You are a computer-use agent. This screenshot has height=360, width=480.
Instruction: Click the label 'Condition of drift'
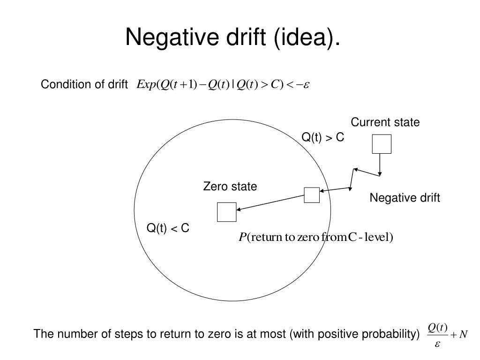coord(84,85)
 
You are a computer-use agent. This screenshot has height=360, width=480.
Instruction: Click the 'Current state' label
coord(385,122)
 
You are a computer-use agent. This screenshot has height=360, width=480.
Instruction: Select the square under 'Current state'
coord(382,144)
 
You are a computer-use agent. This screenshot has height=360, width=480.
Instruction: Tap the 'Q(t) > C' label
coord(322,137)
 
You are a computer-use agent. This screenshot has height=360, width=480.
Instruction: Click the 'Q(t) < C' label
coord(168,228)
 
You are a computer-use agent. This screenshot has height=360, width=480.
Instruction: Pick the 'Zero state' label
coord(230,187)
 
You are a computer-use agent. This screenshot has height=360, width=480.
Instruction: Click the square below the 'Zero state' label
coord(227,212)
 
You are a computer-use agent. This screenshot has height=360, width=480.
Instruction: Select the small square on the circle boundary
coord(312,195)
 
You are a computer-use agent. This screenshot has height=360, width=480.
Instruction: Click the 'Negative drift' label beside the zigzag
coord(405,198)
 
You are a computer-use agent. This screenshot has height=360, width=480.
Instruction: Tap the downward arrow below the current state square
coord(380,164)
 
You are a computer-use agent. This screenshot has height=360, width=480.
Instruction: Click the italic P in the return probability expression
coord(242,238)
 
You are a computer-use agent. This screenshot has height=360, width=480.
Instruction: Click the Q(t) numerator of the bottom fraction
coord(438,327)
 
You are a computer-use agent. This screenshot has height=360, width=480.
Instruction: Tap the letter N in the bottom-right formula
coord(463,335)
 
